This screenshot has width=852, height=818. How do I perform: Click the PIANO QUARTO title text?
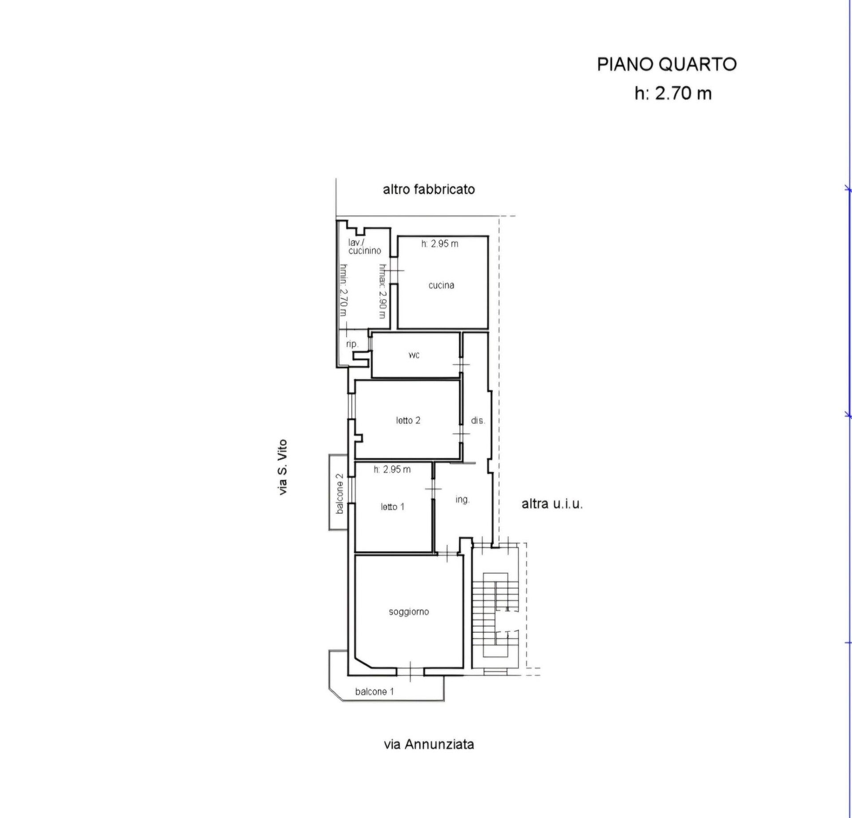click(667, 64)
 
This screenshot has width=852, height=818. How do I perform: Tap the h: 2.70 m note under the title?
click(673, 93)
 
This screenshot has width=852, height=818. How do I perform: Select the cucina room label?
click(441, 285)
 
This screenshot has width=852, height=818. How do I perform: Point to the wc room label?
click(414, 355)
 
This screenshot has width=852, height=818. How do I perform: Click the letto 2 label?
click(408, 420)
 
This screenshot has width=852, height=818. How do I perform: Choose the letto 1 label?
click(392, 507)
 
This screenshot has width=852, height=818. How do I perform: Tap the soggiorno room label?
click(409, 612)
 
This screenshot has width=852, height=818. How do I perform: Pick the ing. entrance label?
click(462, 500)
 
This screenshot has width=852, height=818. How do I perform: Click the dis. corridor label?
click(478, 420)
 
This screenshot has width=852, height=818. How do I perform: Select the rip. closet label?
click(352, 344)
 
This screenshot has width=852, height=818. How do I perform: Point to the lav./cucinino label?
click(364, 246)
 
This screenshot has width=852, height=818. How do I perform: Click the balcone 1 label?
click(375, 691)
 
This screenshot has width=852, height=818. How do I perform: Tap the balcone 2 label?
click(339, 494)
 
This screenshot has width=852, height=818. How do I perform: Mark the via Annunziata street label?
click(429, 744)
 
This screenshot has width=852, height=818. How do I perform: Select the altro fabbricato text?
click(429, 190)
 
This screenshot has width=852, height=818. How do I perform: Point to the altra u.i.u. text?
click(552, 504)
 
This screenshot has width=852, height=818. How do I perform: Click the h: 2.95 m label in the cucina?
click(440, 244)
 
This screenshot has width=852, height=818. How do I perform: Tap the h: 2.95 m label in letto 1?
click(392, 469)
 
